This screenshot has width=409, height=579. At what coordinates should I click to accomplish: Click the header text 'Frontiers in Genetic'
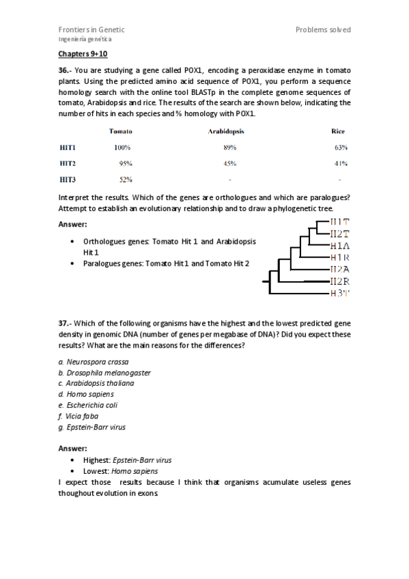pos(91,30)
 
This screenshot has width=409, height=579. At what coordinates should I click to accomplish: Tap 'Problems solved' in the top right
pos(323,30)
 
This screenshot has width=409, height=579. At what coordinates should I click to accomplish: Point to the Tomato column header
pos(120,131)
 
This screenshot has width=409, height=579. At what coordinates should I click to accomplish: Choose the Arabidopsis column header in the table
pos(226,131)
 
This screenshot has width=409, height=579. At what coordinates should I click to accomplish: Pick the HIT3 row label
pos(68,180)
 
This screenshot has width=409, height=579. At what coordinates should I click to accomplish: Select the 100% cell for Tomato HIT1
pos(122,147)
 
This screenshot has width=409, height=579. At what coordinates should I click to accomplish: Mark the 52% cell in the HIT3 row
pos(125,180)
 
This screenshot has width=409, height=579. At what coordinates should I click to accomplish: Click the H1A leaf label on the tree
pos(339,246)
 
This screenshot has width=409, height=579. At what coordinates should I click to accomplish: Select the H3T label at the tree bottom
pos(339,293)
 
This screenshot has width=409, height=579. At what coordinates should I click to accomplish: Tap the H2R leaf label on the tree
pos(339,281)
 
